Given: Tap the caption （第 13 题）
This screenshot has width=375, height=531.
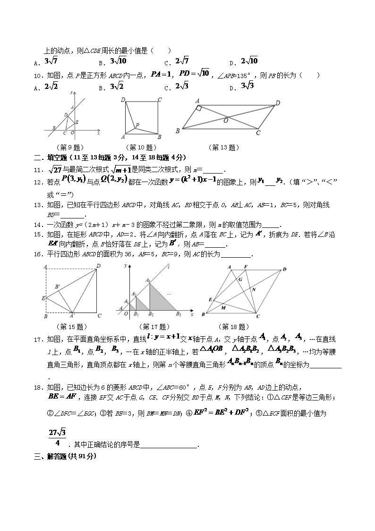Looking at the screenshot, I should [x=222, y=148].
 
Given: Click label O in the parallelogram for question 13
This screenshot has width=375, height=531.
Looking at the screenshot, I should [x=226, y=121].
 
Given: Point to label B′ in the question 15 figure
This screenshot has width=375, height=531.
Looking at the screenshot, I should [x=57, y=287].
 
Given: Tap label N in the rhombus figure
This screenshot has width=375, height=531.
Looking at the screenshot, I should [x=253, y=289].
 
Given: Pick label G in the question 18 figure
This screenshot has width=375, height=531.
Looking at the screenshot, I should [x=240, y=279].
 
